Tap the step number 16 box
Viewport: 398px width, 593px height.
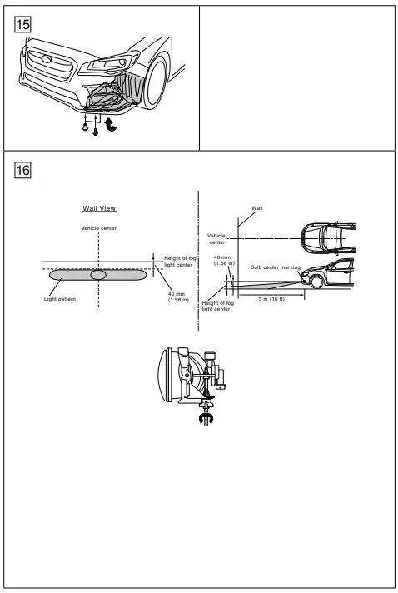coord(18,169)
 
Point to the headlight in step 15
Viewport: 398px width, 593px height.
coord(112,64)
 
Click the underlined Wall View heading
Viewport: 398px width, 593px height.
coord(99,208)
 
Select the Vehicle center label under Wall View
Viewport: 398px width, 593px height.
coord(99,227)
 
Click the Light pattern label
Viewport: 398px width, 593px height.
coord(61,297)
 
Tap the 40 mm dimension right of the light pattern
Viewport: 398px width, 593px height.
coord(176,296)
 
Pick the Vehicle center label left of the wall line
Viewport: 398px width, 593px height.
coord(216,240)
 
